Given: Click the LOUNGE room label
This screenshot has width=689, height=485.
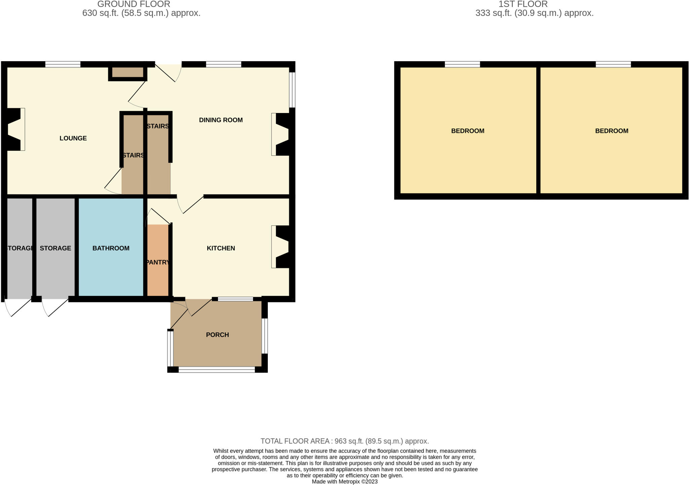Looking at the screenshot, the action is coord(73,138).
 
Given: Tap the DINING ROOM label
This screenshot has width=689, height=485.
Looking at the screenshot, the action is coord(221,120).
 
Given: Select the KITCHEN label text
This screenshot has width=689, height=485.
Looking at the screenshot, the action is coord(221,248).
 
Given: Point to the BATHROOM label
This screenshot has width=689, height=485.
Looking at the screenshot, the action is coord(111,248).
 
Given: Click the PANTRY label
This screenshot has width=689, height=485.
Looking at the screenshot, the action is coord(158,262).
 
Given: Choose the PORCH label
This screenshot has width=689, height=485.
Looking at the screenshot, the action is coord(217,335).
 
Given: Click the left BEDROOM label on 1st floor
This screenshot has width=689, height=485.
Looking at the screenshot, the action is coord(468,131).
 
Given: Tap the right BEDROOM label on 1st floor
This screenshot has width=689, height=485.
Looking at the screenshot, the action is coord(612,131).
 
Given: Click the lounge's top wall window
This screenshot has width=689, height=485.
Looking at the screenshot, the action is coord(63,64).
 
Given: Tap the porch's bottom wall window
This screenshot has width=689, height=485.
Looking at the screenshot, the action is coord(217,370).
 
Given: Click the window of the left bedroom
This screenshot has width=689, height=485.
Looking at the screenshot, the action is coord(462,64).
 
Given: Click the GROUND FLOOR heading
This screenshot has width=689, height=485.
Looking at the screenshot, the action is coord(134,4).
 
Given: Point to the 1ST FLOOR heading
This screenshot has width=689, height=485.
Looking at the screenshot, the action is coord(523,4).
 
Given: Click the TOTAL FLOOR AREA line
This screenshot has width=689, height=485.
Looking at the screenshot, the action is coord(344,441).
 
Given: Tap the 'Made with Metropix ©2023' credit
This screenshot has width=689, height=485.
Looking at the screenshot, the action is coord(344,482).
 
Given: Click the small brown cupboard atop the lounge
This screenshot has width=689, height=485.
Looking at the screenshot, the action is coord(128,72).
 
